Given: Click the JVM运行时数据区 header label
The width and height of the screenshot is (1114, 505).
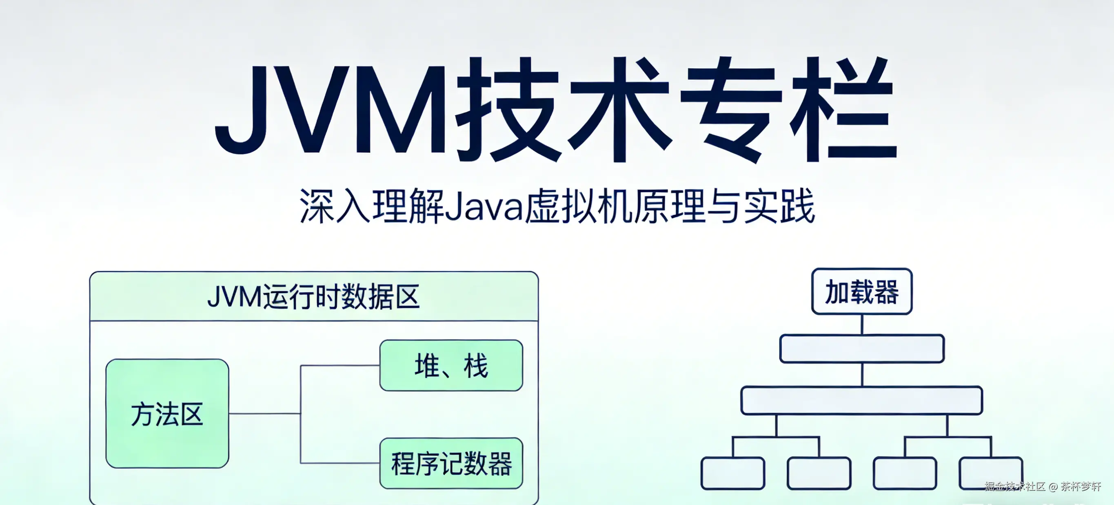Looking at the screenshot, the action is (313, 297).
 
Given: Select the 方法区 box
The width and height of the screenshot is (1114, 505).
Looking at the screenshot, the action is (167, 413).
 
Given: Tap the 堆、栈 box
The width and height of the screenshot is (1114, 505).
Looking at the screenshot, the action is (451, 366).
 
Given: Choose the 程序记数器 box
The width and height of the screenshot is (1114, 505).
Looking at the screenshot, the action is (451, 463).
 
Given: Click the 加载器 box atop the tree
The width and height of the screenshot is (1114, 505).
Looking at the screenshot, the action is (861, 291).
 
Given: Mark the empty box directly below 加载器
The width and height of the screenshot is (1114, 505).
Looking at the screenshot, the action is (861, 348).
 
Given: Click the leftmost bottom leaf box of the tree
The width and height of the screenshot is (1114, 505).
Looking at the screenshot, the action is (732, 474).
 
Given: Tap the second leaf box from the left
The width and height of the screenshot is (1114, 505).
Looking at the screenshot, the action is (819, 474).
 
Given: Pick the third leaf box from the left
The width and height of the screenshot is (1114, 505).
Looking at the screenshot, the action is (905, 474).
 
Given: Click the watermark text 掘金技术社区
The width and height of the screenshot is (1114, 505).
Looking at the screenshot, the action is (1014, 486).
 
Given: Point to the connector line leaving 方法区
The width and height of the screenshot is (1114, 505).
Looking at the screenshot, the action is (264, 413).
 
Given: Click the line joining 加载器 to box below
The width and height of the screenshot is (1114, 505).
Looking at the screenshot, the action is (861, 324).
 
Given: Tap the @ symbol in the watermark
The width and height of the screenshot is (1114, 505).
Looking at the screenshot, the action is (1053, 487).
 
